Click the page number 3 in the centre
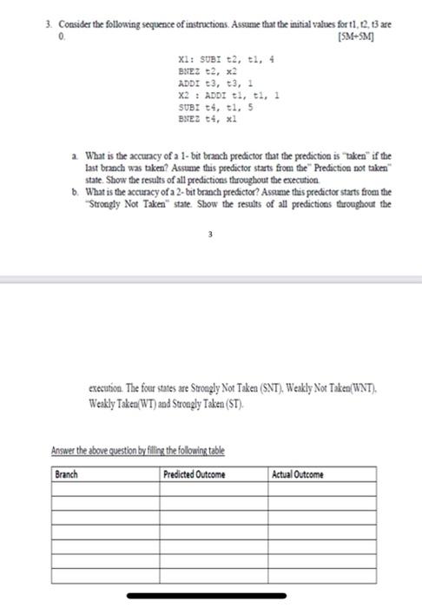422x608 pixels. [209, 234]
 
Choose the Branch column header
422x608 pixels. [67, 474]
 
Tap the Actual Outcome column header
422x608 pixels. [297, 474]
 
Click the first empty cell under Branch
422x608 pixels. [105, 490]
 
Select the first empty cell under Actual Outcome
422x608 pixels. [322, 490]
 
